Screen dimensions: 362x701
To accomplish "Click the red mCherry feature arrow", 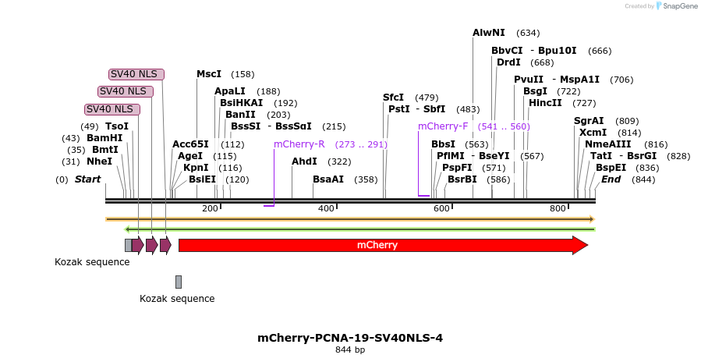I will click(x=382, y=245).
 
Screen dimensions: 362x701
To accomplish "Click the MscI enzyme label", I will click(x=209, y=74).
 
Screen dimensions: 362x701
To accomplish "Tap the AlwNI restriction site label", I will click(x=489, y=33).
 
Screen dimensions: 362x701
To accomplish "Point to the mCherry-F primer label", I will click(x=443, y=126).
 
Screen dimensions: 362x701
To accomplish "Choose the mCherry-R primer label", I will click(x=299, y=144).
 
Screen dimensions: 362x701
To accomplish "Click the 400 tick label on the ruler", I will click(x=326, y=208).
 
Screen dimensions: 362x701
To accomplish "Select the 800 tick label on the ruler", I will click(x=558, y=208).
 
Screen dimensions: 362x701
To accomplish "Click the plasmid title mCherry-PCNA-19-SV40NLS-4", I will click(x=350, y=338).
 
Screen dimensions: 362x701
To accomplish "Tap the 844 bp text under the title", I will click(x=350, y=350).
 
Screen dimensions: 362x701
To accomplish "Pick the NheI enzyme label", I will click(x=99, y=161).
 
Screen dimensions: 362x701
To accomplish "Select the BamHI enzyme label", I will click(x=104, y=138).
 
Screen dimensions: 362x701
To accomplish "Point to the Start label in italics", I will click(x=87, y=179).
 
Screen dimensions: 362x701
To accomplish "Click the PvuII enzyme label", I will click(x=529, y=80).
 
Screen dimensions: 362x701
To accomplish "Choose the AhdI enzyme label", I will click(x=304, y=161).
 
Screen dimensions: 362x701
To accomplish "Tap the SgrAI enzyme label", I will click(x=589, y=121).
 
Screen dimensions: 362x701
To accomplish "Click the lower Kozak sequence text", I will click(x=177, y=298).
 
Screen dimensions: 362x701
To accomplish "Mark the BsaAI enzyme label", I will click(x=328, y=179).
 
